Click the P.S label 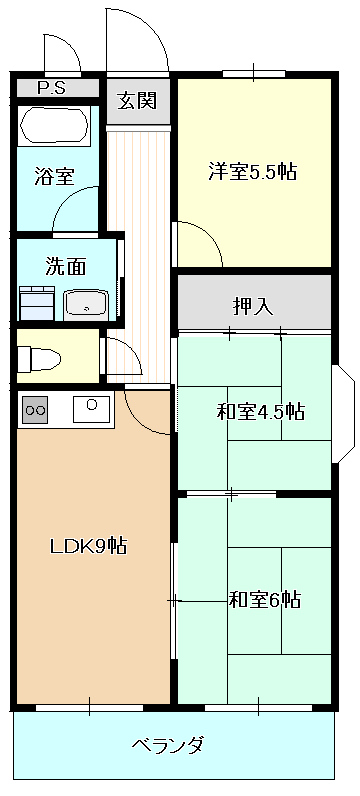[x=52, y=88]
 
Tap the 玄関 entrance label [x=137, y=101]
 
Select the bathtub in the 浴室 [x=54, y=125]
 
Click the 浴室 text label [x=54, y=176]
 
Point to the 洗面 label [x=66, y=267]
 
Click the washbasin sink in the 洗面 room [x=86, y=305]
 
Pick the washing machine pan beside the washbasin [x=37, y=303]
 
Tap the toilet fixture [x=39, y=359]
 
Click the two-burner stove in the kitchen [x=35, y=410]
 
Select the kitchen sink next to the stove [x=91, y=409]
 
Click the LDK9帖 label [x=88, y=546]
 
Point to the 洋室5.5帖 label [x=252, y=172]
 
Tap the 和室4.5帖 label [x=260, y=411]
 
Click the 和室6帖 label [x=264, y=600]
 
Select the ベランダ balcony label [x=168, y=745]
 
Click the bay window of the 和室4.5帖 [x=343, y=414]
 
